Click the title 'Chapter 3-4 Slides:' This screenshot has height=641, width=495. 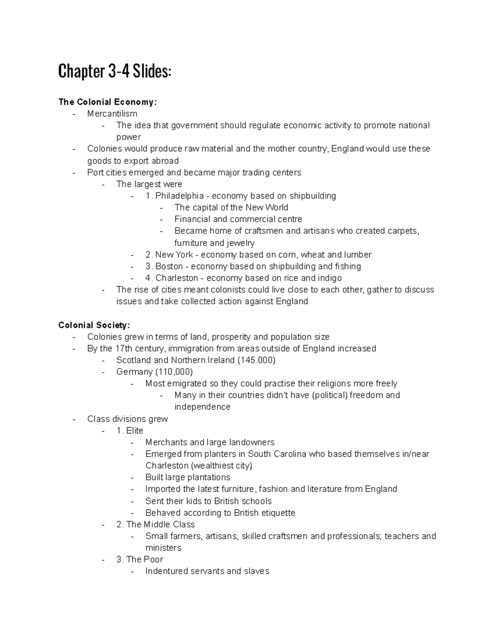(114, 72)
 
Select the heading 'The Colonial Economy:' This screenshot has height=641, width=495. (108, 102)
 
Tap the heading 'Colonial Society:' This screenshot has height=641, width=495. (94, 325)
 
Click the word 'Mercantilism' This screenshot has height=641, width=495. (112, 114)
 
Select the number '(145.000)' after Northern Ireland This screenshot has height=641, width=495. (256, 360)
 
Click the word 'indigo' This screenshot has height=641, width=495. (329, 278)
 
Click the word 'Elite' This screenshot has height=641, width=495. (134, 430)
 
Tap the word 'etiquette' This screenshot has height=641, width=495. (276, 513)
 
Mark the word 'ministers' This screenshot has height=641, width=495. (163, 548)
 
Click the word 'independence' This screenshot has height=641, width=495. (203, 407)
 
